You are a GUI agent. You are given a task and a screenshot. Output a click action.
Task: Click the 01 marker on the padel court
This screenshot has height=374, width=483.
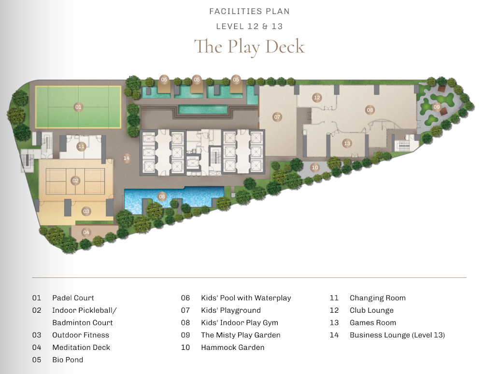(x=78, y=107)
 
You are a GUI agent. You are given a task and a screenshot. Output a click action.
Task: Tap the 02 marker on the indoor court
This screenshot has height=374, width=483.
(x=75, y=180)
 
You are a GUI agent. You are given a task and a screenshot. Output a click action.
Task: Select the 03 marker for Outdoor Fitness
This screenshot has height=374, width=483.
(x=86, y=211)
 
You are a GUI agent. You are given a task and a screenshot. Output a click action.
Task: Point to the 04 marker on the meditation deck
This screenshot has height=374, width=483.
(x=86, y=233)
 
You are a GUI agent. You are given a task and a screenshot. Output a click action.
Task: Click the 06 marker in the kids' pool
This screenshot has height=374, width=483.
(x=162, y=196)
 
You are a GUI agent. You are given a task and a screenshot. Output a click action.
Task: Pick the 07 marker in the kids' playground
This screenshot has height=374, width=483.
(x=277, y=117)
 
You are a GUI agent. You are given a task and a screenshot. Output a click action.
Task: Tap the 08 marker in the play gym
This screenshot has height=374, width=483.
(x=370, y=110)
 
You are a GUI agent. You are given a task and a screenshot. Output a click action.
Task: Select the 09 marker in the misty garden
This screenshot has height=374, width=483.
(x=437, y=107)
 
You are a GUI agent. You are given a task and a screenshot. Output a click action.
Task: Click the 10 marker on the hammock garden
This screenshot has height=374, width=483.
(x=315, y=167)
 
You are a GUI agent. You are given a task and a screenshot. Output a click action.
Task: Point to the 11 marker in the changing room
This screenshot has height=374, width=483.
(x=81, y=147)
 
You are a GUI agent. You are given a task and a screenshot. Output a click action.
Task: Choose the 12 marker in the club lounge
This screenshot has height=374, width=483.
(x=317, y=98)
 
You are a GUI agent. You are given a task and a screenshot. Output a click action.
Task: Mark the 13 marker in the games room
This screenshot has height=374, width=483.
(x=347, y=143)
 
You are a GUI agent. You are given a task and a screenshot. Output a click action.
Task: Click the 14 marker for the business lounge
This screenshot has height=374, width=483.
(x=127, y=158)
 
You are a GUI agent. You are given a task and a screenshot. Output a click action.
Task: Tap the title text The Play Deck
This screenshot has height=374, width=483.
(x=250, y=47)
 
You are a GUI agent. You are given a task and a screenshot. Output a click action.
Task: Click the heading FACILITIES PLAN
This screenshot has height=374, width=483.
(x=250, y=12)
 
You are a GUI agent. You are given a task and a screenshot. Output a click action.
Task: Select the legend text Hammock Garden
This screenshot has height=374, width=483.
(x=233, y=347)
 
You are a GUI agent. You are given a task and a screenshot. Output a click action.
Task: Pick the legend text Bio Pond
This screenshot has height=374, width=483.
(x=68, y=360)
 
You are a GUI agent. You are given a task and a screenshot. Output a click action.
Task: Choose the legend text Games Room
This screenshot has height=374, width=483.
(x=373, y=322)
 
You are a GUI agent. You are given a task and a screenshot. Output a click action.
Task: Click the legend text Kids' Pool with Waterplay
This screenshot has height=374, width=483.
(x=246, y=298)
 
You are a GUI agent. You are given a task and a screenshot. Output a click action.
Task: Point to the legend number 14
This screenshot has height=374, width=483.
(x=334, y=335)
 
